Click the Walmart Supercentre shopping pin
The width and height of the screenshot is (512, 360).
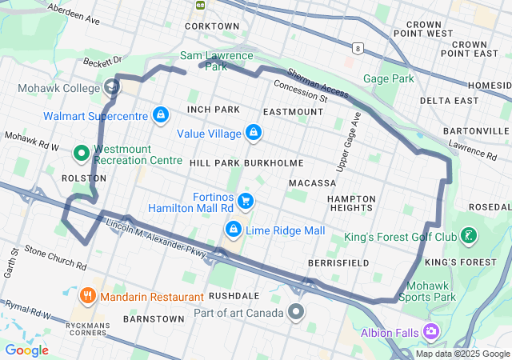[x=160, y=116]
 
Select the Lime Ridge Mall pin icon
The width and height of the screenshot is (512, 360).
[x=234, y=230]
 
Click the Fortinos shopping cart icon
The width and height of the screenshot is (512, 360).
[x=246, y=201]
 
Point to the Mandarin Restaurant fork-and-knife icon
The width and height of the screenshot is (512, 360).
[x=87, y=297]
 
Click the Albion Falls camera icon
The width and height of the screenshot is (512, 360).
[x=432, y=331]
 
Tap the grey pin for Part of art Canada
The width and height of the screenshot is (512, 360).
[x=297, y=311]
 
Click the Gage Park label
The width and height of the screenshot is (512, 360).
[x=389, y=78]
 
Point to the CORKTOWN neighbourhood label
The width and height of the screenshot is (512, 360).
[x=212, y=26]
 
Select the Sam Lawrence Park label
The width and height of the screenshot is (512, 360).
[x=216, y=61]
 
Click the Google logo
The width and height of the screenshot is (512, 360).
[x=27, y=350]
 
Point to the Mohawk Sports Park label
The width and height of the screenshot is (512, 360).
[x=431, y=291]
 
